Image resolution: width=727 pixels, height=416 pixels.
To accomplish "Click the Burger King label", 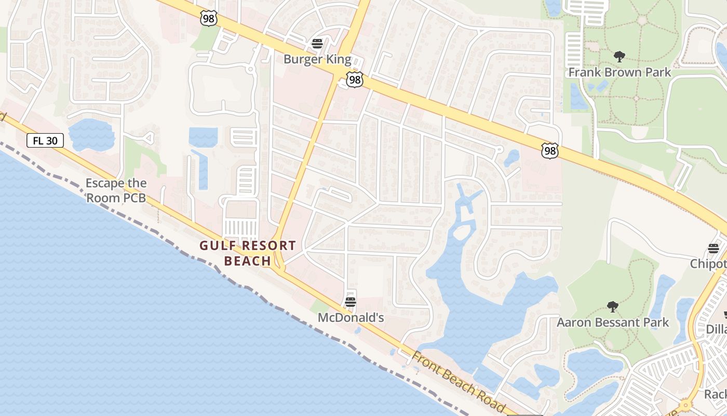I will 317,59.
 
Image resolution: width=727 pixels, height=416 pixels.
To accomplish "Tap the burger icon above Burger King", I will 317,43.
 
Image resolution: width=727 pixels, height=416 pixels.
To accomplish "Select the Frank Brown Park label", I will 620,72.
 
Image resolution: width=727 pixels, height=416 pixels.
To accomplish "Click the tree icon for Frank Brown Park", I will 619,56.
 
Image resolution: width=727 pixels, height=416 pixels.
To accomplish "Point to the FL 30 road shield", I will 45,140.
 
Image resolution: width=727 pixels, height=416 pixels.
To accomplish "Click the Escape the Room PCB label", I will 116,190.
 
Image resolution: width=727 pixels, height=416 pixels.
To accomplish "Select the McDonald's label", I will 351,317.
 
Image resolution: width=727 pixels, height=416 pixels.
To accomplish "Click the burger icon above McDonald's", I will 351,302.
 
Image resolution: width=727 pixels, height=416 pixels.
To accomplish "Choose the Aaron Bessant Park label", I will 613,322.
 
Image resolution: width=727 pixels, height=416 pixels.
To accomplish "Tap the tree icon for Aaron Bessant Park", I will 613,307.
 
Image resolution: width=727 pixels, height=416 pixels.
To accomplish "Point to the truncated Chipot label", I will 708,264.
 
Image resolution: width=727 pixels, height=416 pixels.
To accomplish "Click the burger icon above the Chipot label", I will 713,249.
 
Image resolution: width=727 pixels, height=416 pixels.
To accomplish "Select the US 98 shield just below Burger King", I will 355,80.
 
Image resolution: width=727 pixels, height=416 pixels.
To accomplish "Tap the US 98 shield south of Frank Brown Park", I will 549,151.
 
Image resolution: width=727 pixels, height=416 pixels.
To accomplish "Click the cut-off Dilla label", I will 716,329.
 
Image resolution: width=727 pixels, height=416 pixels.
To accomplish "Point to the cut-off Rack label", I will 715,394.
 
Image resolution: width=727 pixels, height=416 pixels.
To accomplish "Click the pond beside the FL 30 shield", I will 91,134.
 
